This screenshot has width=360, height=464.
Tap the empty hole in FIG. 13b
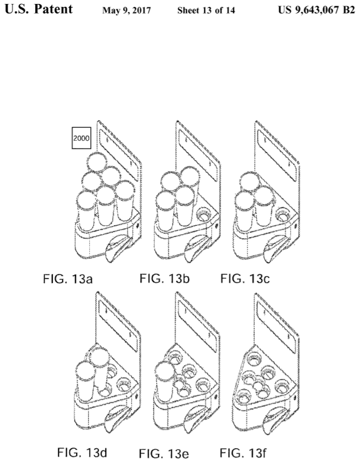(203, 216)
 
